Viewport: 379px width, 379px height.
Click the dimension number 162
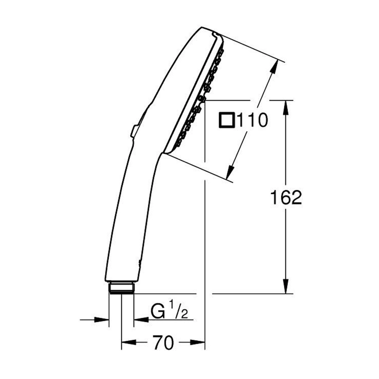click(286, 197)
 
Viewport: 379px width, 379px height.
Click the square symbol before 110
click(227, 120)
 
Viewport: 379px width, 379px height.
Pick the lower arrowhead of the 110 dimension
click(230, 171)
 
